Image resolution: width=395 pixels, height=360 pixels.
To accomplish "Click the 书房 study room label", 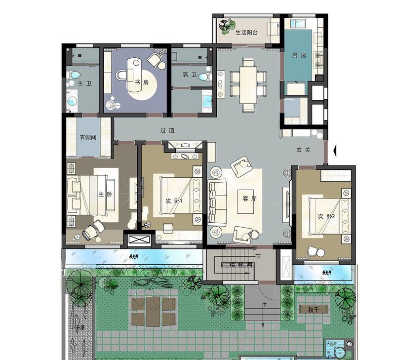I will [138, 82].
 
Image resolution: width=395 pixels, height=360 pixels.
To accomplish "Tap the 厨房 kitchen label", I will [300, 55].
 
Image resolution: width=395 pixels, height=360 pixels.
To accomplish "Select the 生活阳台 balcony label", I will [246, 33].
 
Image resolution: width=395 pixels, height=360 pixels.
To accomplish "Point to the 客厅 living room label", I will [250, 199].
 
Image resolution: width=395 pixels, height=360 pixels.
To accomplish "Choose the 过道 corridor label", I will [167, 131].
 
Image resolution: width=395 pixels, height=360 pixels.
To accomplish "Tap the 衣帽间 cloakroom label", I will [88, 137].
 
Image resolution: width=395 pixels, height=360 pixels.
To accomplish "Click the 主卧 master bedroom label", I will [105, 194].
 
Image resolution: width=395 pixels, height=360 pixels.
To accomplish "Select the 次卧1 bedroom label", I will [174, 201].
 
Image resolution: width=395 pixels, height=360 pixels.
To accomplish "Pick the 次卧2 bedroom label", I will [326, 216].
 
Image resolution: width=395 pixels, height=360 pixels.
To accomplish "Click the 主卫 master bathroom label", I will [84, 83].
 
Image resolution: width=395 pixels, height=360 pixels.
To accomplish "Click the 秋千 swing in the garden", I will [311, 310].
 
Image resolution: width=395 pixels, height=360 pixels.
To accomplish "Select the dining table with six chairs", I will [248, 82].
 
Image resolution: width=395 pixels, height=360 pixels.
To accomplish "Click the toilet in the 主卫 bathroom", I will [74, 75].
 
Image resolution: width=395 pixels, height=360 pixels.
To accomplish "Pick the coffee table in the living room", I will [245, 201].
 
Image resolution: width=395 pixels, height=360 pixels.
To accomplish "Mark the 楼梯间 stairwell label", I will [241, 264].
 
